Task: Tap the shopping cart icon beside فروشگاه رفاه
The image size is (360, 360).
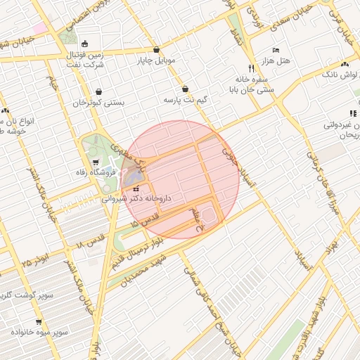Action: click(96, 162)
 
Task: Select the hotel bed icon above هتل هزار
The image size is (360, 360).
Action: click(275, 51)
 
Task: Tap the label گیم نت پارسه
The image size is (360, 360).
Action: click(185, 101)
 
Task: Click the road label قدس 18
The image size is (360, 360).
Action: click(89, 243)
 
